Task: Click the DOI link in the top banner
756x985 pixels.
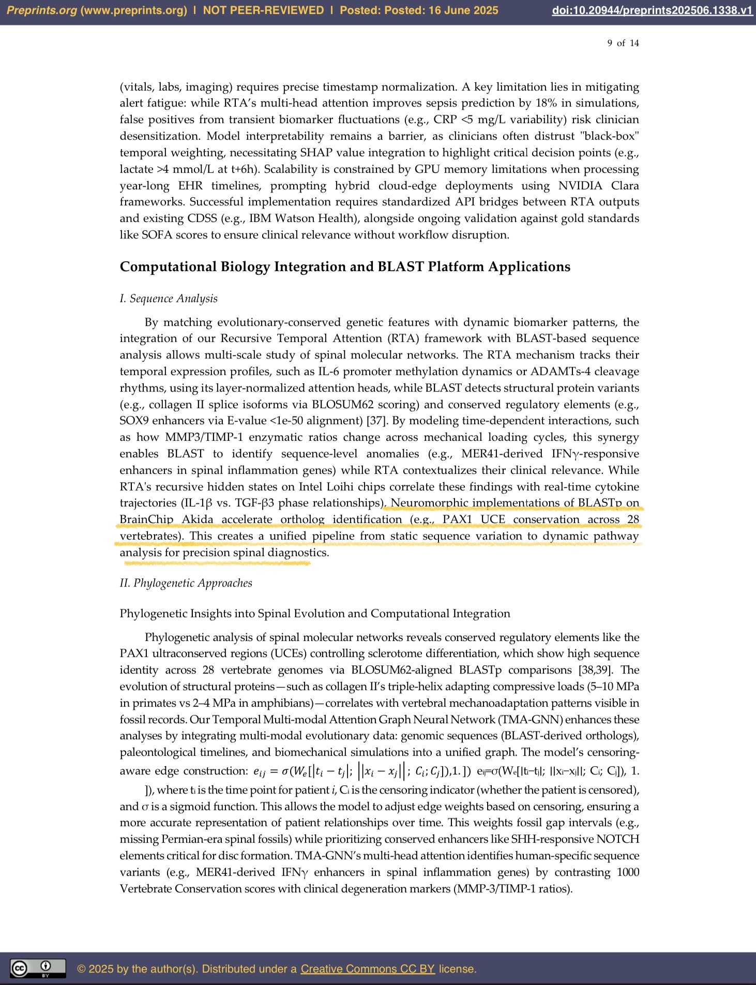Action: tap(652, 10)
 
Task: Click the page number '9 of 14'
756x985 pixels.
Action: tap(623, 43)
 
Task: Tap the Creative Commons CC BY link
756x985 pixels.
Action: tap(368, 968)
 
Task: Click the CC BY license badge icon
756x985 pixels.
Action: tap(38, 968)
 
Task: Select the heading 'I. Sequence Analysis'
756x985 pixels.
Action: tap(169, 299)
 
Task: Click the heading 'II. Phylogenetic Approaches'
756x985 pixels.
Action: tap(186, 583)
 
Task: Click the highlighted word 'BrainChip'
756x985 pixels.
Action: tap(146, 519)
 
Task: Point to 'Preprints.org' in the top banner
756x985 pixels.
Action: tap(41, 10)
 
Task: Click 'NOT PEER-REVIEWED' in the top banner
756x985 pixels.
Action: tap(263, 10)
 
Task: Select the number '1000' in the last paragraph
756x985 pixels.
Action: tap(628, 872)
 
